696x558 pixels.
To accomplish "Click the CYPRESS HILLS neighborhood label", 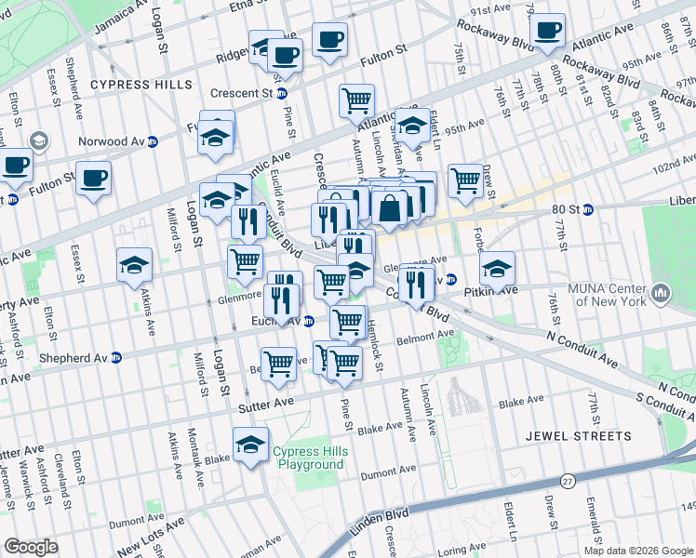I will pyautogui.click(x=141, y=85).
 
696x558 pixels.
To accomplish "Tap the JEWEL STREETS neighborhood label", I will pyautogui.click(x=577, y=435).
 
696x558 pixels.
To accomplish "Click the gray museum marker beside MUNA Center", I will pyautogui.click(x=662, y=295).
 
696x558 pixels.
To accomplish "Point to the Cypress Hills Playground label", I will pyautogui.click(x=308, y=458).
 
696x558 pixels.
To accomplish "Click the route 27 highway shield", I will pyautogui.click(x=567, y=480).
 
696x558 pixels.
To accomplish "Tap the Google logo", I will pyautogui.click(x=32, y=546).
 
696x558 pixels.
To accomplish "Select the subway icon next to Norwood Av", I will pyautogui.click(x=153, y=141).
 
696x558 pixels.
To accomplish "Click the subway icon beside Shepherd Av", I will pyautogui.click(x=115, y=357).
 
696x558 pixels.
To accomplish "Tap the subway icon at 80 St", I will pyautogui.click(x=587, y=210).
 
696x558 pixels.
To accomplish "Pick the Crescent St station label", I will pyautogui.click(x=241, y=93).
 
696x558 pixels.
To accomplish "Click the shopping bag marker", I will pyautogui.click(x=391, y=209).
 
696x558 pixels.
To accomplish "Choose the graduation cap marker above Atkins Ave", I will pyautogui.click(x=134, y=265).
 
